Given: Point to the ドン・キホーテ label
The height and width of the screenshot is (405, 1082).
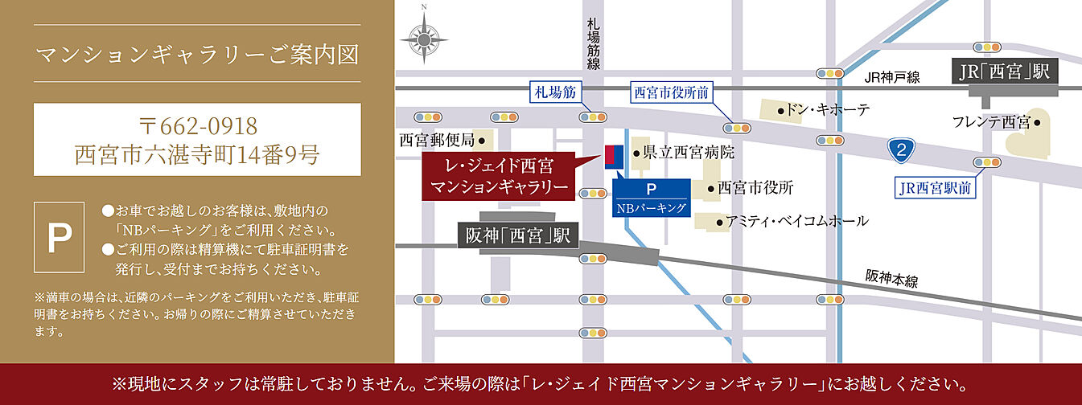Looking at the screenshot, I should (824, 110).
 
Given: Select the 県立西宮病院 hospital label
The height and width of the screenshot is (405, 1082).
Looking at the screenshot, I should (684, 151).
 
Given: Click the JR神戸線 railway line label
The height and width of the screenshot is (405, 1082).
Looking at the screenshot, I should (893, 78).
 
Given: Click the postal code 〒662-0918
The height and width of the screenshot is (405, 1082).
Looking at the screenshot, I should (197, 126).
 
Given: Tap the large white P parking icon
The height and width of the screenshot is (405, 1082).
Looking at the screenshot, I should (58, 236).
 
